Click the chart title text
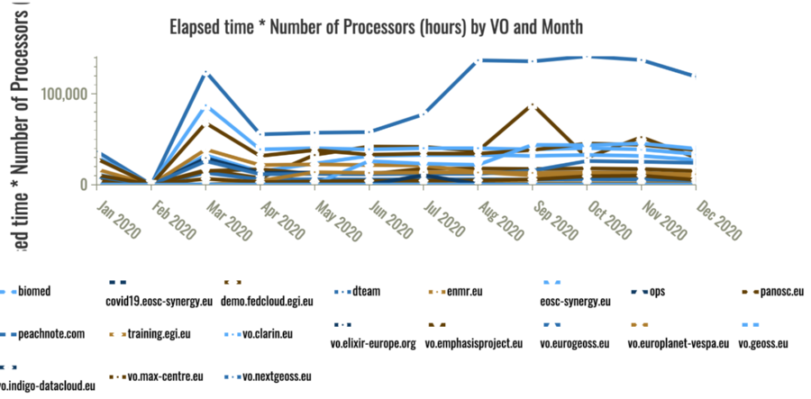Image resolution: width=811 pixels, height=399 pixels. tap(377, 27)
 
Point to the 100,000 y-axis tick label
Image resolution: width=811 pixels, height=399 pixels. tap(61, 95)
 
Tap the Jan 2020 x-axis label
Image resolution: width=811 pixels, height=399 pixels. tap(119, 220)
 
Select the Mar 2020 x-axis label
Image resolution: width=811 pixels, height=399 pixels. tap(227, 220)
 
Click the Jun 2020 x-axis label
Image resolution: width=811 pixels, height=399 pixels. tap(388, 220)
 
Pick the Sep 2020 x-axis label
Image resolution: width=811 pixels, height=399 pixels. tap(551, 220)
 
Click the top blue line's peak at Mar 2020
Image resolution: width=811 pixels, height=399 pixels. tap(207, 73)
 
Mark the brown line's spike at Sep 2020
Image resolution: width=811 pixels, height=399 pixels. tap(533, 104)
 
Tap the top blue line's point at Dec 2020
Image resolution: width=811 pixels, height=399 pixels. tap(694, 77)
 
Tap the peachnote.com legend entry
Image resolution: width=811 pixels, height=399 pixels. tap(50, 333)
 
